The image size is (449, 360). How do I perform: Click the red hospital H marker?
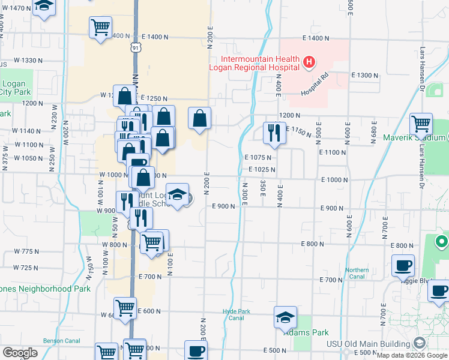(x=309, y=62)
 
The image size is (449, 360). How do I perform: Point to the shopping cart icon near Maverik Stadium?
(x=421, y=124)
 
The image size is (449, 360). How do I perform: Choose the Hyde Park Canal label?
(x=232, y=314)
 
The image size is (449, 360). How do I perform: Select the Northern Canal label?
(x=357, y=273)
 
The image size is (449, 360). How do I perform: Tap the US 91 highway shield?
(x=136, y=46)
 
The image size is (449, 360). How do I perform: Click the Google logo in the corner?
(x=20, y=353)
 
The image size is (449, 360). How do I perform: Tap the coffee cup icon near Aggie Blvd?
(x=403, y=265)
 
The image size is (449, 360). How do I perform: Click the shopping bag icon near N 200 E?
(x=199, y=118)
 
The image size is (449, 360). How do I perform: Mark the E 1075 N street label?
(x=258, y=158)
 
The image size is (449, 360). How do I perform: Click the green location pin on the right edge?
(x=441, y=242)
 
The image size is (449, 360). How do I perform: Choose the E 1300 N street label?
(x=366, y=76)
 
